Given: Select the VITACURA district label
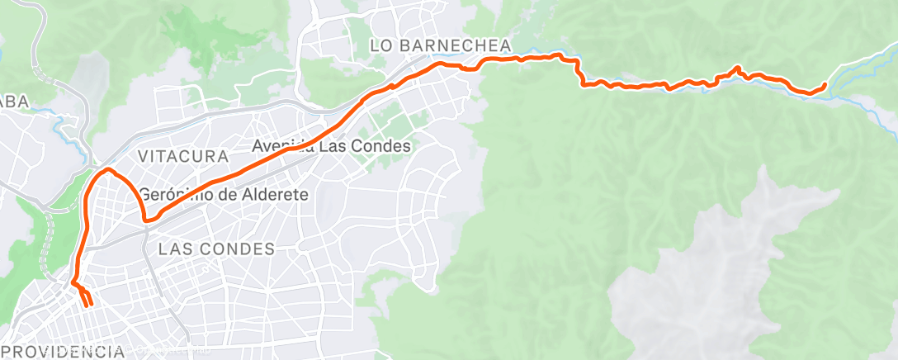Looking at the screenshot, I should click(x=183, y=156).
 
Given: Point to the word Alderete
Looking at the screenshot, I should click(x=271, y=196).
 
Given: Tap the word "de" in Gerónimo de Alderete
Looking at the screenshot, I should click(x=224, y=196).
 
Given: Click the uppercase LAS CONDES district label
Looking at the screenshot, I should click(x=216, y=249).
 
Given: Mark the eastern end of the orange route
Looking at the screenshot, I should click(x=825, y=84).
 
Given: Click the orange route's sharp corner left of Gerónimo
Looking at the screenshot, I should click(x=146, y=220).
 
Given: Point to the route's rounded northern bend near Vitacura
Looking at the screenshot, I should click(x=107, y=170).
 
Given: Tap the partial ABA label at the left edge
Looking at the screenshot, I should click(x=14, y=101).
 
